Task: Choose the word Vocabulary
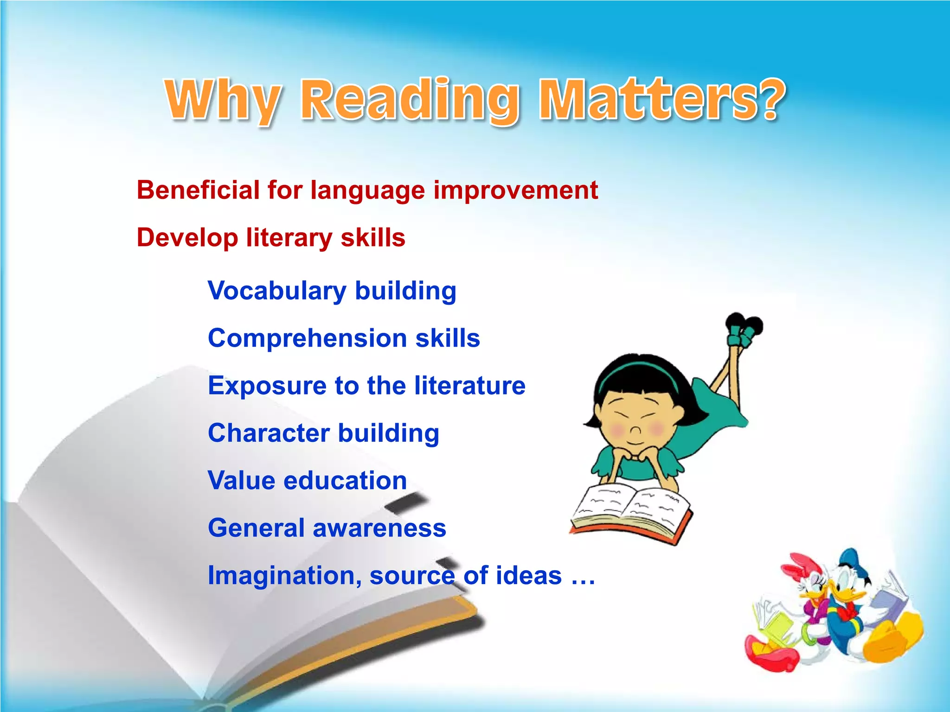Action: [277, 291]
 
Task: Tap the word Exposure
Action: [267, 386]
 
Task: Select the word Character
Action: [269, 433]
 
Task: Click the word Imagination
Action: [284, 576]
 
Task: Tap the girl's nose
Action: [635, 431]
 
